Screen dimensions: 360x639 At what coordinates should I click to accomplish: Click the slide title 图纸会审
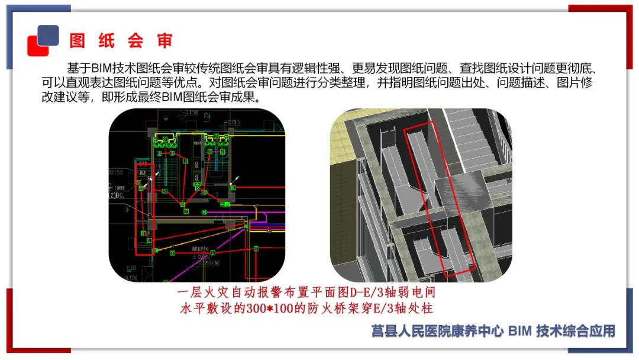[121, 41]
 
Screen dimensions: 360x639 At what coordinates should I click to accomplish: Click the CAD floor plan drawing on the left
[196, 195]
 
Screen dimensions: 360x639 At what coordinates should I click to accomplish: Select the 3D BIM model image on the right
[421, 195]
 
